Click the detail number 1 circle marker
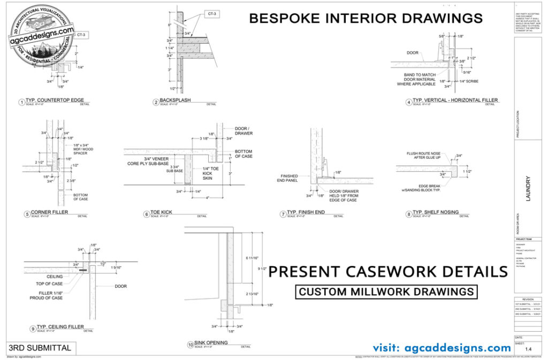pos(22,102)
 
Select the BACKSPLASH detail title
pos(175,100)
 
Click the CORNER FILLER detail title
pos(49,212)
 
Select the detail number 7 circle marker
pos(283,215)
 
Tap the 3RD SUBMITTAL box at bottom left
pos(39,348)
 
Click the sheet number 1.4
pos(528,349)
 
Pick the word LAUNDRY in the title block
pos(528,189)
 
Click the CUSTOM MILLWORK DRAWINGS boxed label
pos(386,292)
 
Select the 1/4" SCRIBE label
pos(465,81)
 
